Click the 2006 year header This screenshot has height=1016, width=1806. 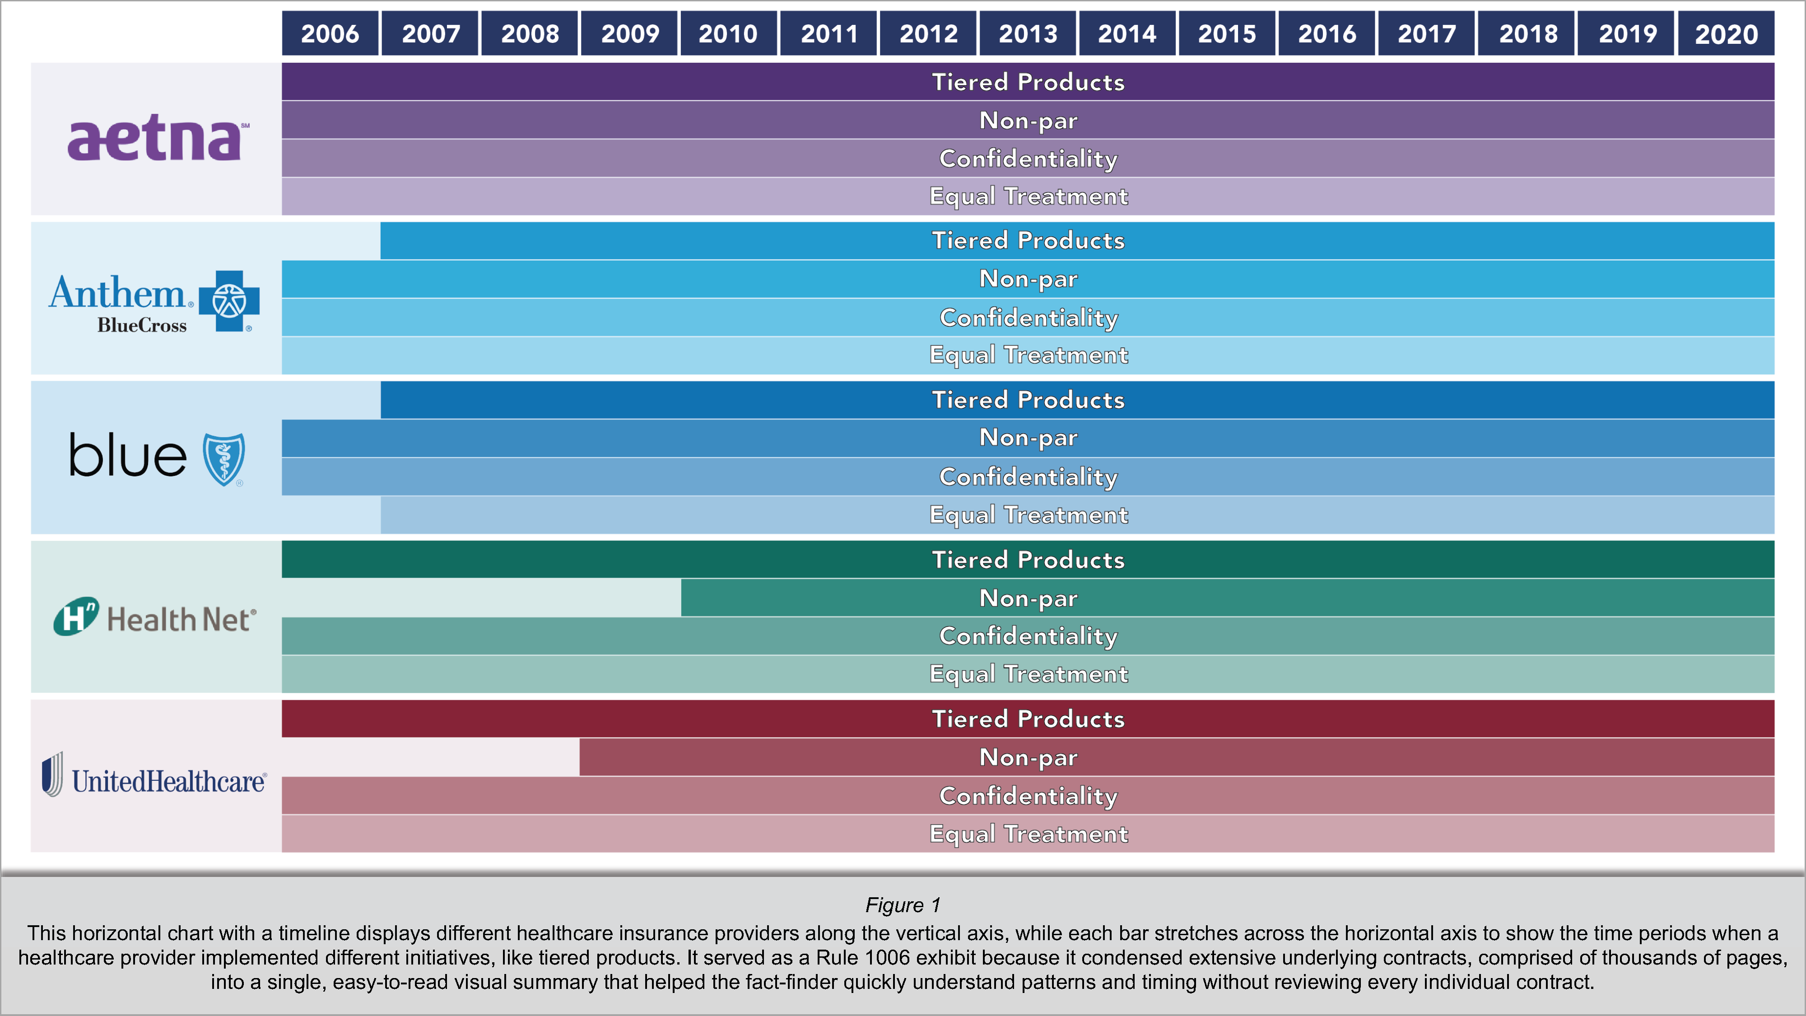click(330, 34)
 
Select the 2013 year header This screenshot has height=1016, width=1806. click(1027, 34)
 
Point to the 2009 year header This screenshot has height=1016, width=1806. click(629, 34)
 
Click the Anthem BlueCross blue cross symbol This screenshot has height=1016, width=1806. click(229, 302)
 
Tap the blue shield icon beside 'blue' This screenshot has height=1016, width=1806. click(223, 459)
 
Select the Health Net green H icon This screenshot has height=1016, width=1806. click(76, 616)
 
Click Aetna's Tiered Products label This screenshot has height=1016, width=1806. click(1028, 82)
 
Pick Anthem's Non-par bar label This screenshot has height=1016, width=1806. click(1028, 279)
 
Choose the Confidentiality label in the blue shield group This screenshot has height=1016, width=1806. click(1028, 477)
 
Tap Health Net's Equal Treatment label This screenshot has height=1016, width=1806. click(1028, 674)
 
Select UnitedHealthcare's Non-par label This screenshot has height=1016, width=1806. click(1028, 757)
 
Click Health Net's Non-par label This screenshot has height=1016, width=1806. click(1028, 598)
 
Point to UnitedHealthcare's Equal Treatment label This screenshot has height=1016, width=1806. click(1028, 834)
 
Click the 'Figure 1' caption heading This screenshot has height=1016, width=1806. click(902, 905)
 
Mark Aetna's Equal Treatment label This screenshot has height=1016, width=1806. click(1028, 196)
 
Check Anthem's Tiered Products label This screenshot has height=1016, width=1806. click(1028, 241)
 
